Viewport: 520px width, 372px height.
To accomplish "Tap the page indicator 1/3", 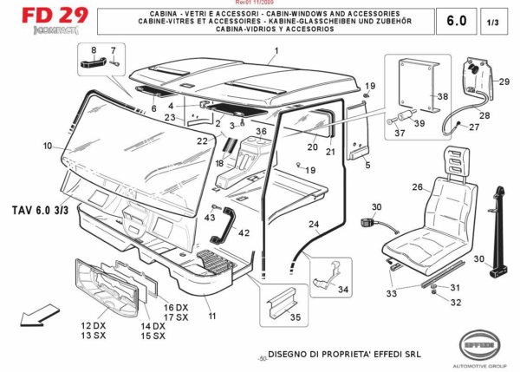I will click(x=494, y=21).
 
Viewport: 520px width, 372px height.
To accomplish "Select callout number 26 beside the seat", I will click(x=416, y=187).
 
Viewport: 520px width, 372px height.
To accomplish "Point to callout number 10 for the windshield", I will click(x=47, y=146).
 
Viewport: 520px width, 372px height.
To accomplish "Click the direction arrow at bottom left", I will click(x=33, y=319).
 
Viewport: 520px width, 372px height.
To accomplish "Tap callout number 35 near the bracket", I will click(x=296, y=318).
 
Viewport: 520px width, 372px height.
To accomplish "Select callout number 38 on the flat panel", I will click(x=442, y=96).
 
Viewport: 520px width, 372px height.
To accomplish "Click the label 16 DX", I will click(x=176, y=309).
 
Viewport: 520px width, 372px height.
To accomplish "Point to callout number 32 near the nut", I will click(x=457, y=303).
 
